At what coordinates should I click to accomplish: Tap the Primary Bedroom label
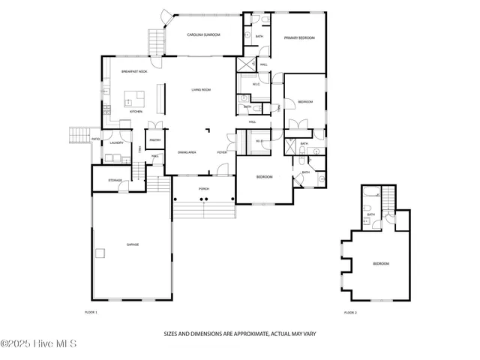[298, 37]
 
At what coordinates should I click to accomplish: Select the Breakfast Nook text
[134, 71]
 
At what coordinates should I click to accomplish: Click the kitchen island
[134, 98]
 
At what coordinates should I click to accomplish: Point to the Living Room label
[200, 89]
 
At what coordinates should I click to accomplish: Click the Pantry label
[155, 139]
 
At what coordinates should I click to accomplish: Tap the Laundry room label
[116, 142]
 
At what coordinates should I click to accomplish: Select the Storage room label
[115, 180]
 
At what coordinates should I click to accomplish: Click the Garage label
[132, 244]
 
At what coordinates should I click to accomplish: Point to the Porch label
[203, 188]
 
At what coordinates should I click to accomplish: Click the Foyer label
[222, 152]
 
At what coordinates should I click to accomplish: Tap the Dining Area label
[187, 152]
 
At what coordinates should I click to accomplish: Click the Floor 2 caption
[350, 311]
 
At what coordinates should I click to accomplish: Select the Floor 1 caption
[91, 311]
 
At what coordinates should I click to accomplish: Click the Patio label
[95, 139]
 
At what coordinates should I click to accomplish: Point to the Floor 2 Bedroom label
[381, 263]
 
